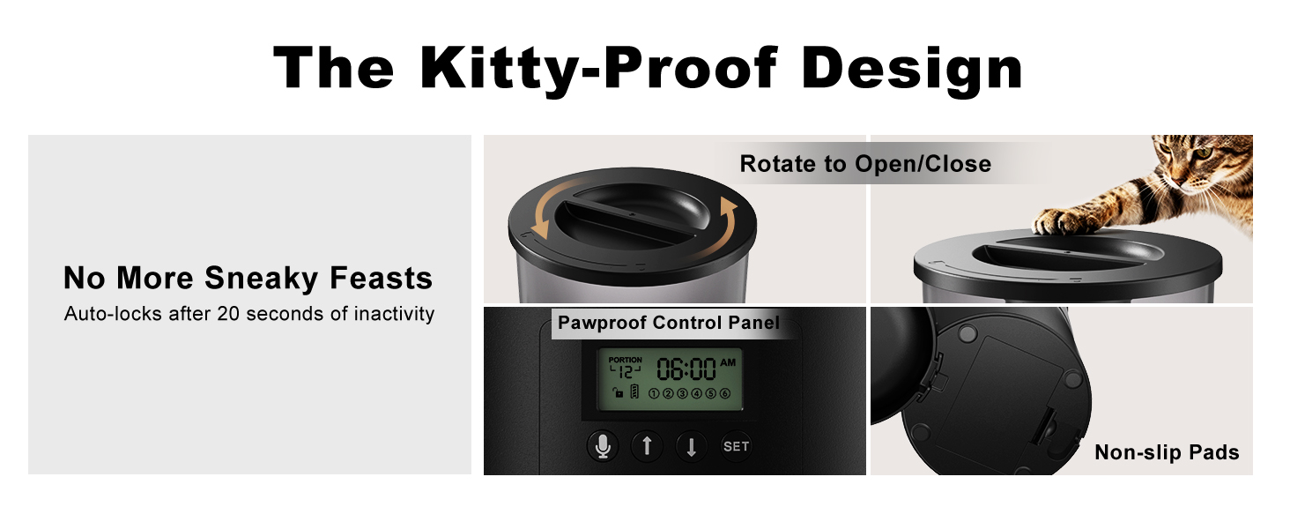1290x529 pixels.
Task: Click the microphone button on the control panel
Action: click(603, 446)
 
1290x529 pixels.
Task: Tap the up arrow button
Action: click(647, 446)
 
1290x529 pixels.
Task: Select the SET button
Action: click(736, 446)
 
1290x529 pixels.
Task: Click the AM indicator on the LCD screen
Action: click(728, 361)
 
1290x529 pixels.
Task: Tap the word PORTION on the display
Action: click(626, 360)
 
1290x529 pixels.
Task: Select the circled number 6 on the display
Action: click(725, 393)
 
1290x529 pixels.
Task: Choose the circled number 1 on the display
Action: click(654, 393)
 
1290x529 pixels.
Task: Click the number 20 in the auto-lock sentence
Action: click(228, 314)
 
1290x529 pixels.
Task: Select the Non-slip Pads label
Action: click(1167, 452)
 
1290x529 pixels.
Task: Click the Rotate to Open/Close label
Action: click(865, 164)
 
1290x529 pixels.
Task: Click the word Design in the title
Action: click(912, 69)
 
